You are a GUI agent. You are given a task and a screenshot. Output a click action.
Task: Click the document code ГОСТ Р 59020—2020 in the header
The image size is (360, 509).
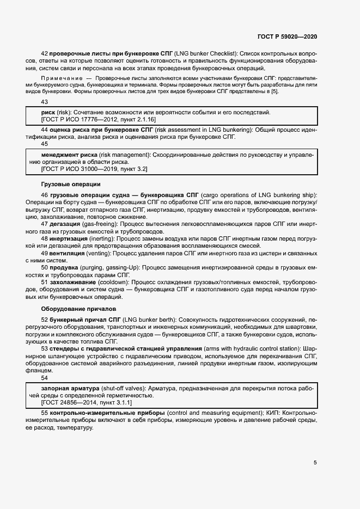coord(287,36)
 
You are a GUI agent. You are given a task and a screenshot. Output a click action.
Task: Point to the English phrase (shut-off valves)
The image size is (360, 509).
coord(125,388)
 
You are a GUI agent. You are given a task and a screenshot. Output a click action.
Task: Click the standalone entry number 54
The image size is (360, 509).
coord(45,378)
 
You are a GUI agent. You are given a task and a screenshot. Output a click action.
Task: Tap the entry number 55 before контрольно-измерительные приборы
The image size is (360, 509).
coord(45,413)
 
